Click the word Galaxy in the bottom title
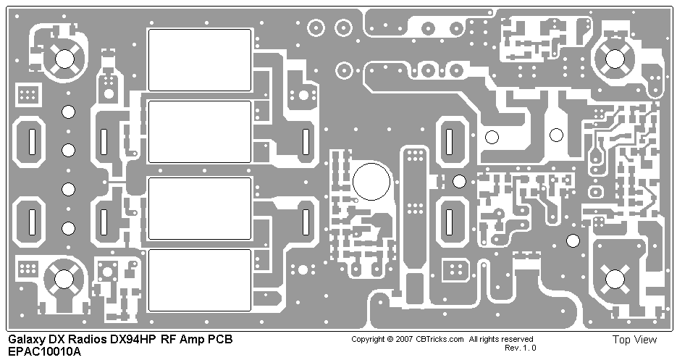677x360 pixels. click(x=26, y=340)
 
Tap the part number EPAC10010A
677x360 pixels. click(x=45, y=352)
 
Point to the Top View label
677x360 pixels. click(x=634, y=340)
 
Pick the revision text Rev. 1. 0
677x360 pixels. click(x=520, y=348)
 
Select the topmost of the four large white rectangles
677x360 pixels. click(x=200, y=60)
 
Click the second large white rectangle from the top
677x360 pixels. click(x=200, y=131)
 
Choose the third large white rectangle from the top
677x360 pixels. click(x=200, y=208)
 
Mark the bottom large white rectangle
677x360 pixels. click(x=200, y=280)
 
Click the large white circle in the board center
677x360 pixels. click(x=371, y=181)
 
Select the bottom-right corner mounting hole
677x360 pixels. click(x=615, y=278)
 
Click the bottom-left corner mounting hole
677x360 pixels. click(x=64, y=279)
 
